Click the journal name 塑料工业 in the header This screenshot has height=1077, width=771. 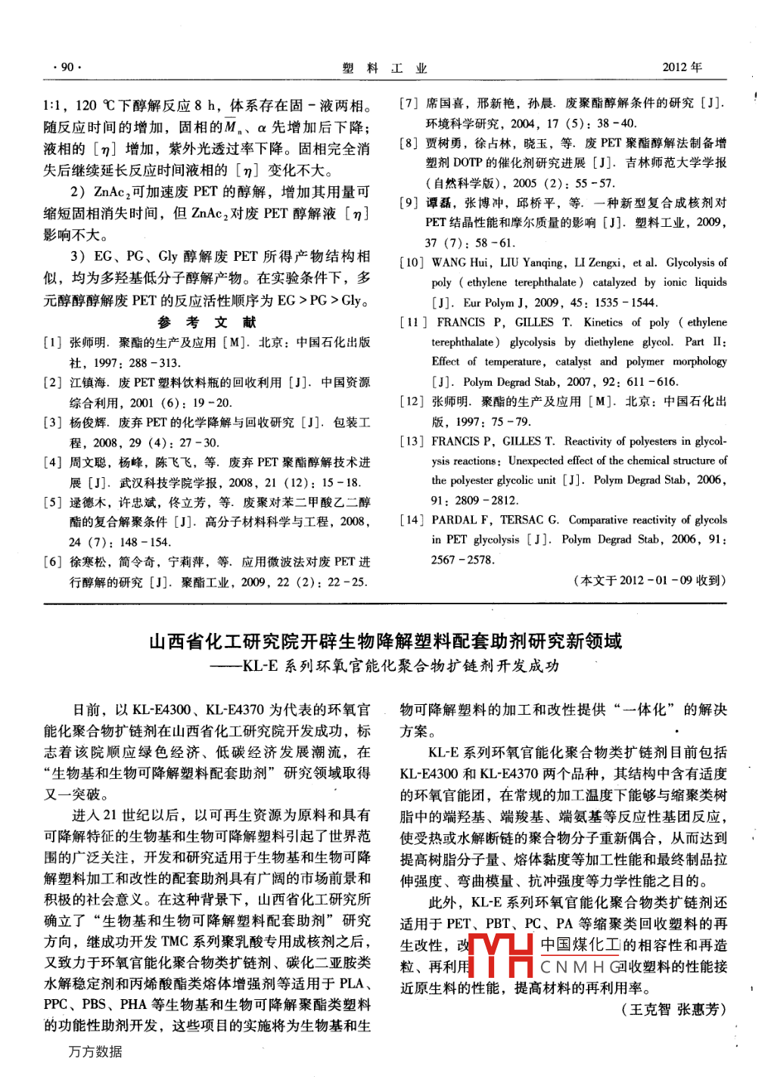click(384, 68)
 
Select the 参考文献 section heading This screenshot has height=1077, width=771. click(207, 322)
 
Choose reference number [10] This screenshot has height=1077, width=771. click(412, 262)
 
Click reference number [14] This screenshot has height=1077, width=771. click(412, 520)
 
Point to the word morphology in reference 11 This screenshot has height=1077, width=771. click(699, 362)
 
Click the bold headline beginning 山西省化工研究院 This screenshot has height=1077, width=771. click(385, 641)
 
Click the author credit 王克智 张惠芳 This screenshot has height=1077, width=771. click(673, 1009)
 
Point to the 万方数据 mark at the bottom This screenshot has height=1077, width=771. click(95, 1052)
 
